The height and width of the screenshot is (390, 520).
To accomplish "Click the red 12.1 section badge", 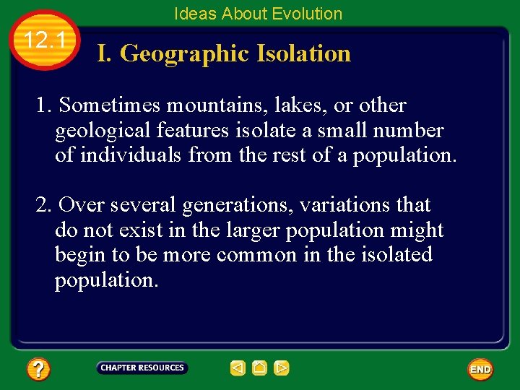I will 45,40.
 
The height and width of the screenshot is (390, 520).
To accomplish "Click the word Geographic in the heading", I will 187,53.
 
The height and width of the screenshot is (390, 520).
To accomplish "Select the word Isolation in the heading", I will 304,53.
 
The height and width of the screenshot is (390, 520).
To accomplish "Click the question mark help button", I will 38,370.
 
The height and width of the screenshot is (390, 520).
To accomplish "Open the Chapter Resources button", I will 142,368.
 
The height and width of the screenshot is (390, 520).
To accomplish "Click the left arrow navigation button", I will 238,368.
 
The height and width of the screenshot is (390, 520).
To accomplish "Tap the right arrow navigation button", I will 282,368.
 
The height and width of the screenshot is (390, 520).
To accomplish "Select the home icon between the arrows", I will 260,368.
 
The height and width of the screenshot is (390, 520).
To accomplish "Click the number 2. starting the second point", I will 44,205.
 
